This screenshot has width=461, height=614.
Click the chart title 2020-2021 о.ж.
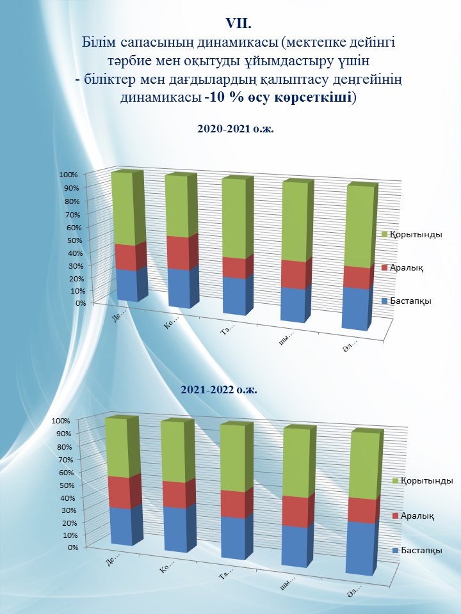click(x=235, y=129)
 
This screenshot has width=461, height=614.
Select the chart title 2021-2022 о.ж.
click(x=219, y=389)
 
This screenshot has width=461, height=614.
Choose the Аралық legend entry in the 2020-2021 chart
click(x=407, y=267)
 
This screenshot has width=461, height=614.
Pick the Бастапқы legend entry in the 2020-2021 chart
click(x=410, y=301)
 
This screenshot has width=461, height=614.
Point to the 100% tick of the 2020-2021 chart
click(x=68, y=175)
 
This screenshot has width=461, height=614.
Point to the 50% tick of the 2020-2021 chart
click(x=70, y=240)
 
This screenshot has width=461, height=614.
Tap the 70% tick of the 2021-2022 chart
click(x=69, y=459)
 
